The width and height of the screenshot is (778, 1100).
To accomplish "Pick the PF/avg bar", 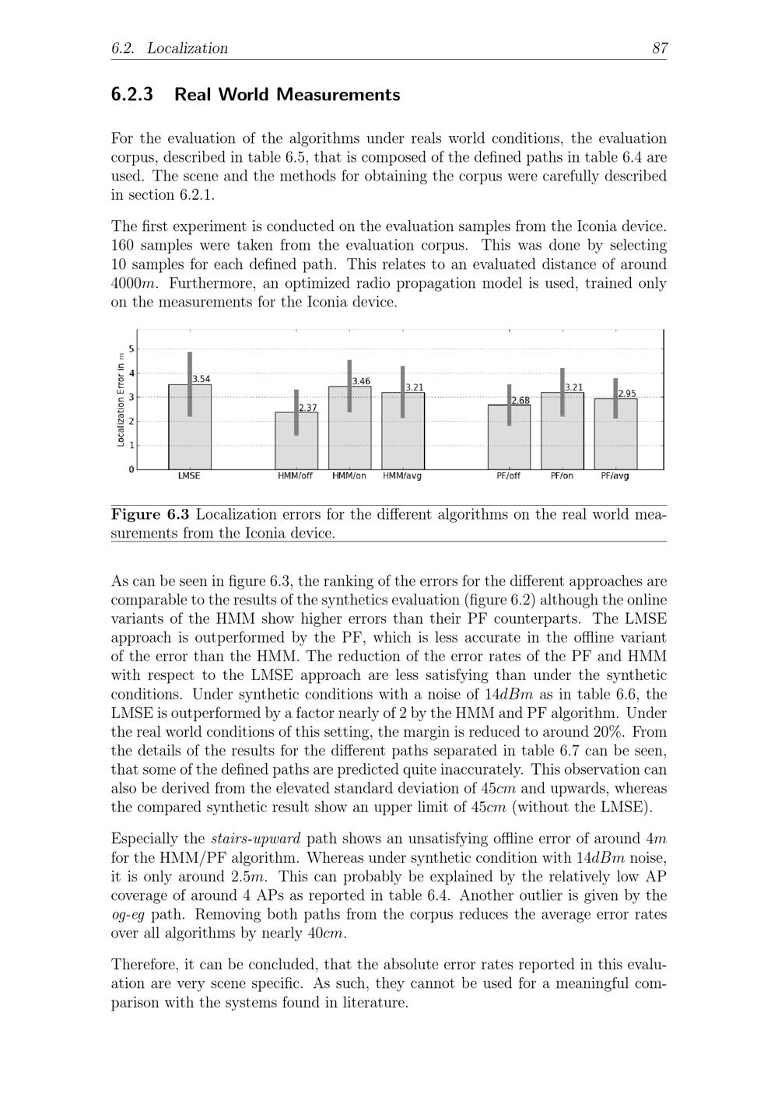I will tap(615, 433).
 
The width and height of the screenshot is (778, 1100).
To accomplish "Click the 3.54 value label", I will tap(202, 379).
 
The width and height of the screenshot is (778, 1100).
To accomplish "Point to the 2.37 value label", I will tap(308, 408).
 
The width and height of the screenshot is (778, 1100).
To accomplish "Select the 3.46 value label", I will tap(361, 381).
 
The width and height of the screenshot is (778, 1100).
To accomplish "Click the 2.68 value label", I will tap(520, 401).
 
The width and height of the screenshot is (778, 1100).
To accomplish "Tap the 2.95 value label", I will tap(626, 394).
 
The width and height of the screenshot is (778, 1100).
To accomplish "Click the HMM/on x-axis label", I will tap(349, 476).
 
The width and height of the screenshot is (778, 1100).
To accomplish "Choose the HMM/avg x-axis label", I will tap(402, 476).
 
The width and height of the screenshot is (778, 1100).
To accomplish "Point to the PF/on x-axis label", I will tap(562, 476).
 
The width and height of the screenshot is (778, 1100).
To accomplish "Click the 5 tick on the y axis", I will tap(131, 349).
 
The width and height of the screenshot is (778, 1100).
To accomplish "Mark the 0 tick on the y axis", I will tap(131, 469).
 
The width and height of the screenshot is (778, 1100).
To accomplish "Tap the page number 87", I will tap(660, 48).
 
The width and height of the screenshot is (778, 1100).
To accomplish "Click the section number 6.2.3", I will tap(132, 95).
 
